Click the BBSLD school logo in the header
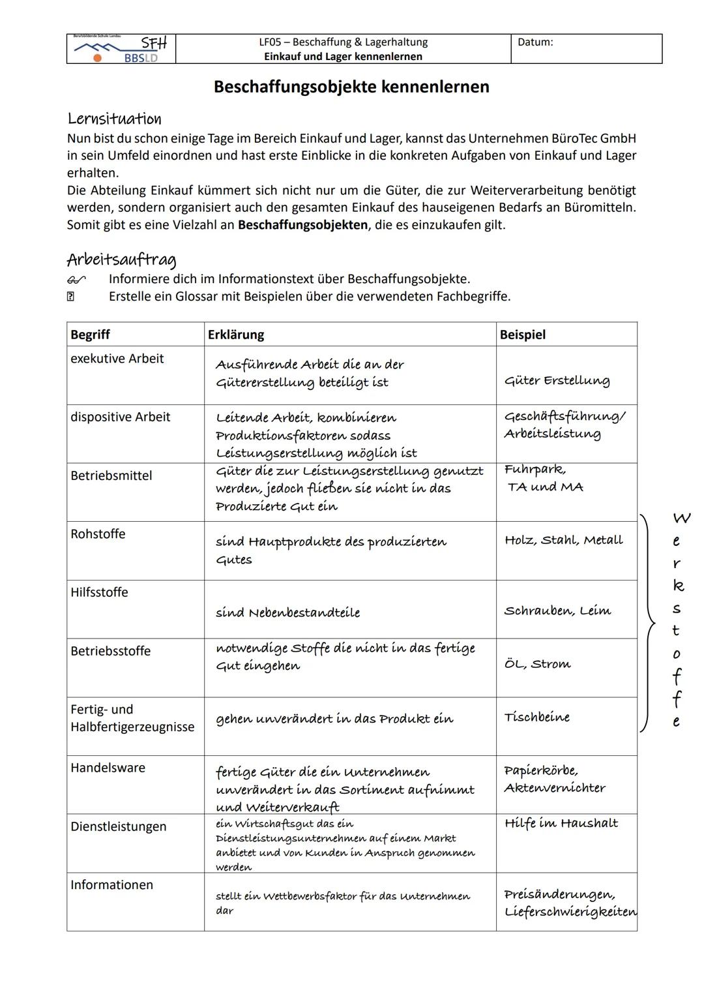pyautogui.click(x=121, y=50)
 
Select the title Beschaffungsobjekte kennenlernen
pyautogui.click(x=351, y=87)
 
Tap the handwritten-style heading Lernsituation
pyautogui.click(x=114, y=119)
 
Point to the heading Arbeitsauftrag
pyautogui.click(x=121, y=260)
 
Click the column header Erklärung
pyautogui.click(x=236, y=335)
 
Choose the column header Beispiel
pyautogui.click(x=523, y=335)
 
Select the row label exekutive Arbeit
pyautogui.click(x=117, y=359)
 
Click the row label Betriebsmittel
pyautogui.click(x=111, y=475)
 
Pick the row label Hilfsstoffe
pyautogui.click(x=99, y=592)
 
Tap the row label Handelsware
pyautogui.click(x=108, y=768)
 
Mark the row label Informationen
pyautogui.click(x=111, y=885)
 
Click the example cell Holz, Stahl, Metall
pyautogui.click(x=564, y=540)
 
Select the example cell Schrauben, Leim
pyautogui.click(x=557, y=611)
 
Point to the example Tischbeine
pyautogui.click(x=537, y=717)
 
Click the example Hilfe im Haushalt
pyautogui.click(x=561, y=823)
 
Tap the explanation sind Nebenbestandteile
pyautogui.click(x=288, y=612)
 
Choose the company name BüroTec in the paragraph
pyautogui.click(x=574, y=138)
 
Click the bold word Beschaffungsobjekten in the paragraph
pyautogui.click(x=302, y=225)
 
